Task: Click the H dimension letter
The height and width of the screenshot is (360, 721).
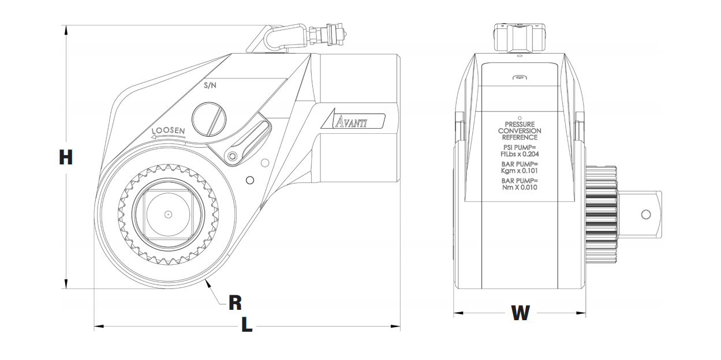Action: point(66,157)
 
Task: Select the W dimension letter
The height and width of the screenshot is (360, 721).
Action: point(520,313)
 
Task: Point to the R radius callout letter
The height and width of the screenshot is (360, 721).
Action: point(234,302)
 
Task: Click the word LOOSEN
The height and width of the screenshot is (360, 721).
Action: point(168,131)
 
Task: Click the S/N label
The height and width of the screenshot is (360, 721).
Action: point(211,85)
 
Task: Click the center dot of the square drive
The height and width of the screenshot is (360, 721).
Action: point(168,215)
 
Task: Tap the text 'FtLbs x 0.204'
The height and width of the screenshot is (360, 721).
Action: point(520,153)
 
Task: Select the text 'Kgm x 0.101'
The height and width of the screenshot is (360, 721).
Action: point(520,171)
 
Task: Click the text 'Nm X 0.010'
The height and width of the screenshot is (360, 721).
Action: point(520,187)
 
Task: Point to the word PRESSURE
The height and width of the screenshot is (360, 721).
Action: point(520,124)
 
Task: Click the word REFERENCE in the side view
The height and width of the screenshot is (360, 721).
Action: point(520,137)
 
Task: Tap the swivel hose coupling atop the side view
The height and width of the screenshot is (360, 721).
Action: point(520,37)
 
